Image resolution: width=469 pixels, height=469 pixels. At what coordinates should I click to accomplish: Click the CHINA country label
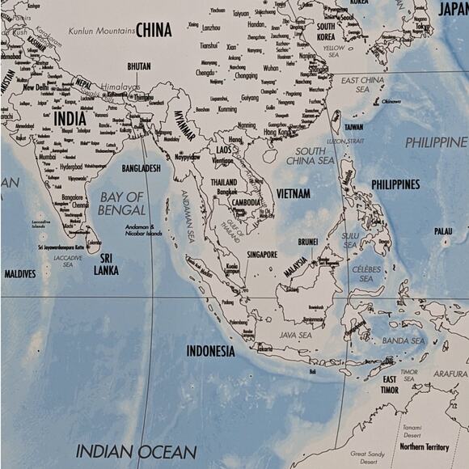[x=153, y=30]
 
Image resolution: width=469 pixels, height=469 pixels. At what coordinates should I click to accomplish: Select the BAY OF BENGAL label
[x=121, y=203]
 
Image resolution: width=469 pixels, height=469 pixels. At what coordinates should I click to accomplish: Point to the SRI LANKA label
[x=106, y=265]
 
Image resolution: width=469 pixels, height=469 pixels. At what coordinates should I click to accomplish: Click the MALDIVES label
[x=19, y=274]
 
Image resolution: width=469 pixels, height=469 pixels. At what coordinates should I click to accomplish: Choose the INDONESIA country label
[x=210, y=351]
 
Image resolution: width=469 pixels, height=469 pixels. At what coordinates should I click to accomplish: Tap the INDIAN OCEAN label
[x=136, y=451]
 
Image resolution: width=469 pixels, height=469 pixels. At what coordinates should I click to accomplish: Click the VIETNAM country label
[x=293, y=194]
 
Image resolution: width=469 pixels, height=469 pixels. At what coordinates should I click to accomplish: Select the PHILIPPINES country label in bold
[x=395, y=184]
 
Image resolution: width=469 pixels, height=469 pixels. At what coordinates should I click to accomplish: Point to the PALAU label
[x=442, y=231]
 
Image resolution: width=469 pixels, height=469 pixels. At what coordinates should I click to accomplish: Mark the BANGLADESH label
[x=141, y=168]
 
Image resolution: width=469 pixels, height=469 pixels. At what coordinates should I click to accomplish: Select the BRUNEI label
[x=307, y=241]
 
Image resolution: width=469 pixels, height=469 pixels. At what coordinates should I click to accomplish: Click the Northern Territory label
[x=424, y=446]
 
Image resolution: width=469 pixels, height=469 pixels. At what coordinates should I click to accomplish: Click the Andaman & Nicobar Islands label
[x=143, y=230]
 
